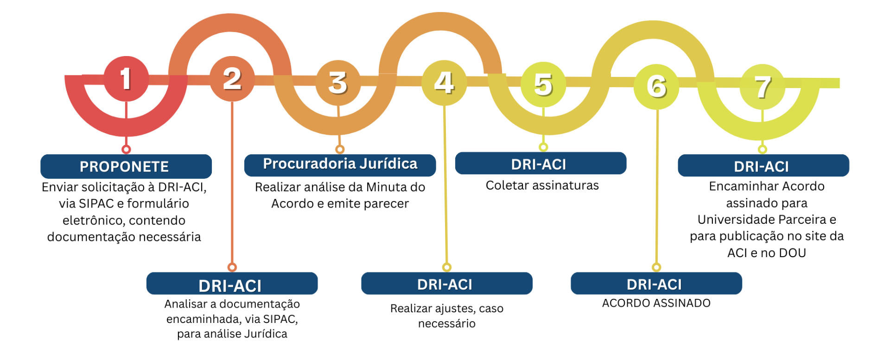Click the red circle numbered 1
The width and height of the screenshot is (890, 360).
coord(126,79)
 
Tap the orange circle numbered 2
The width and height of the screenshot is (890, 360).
coord(232,79)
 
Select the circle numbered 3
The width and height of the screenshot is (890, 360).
coord(338,83)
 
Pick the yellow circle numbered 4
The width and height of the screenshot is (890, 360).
coord(444,83)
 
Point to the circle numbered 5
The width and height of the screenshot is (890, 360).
coord(543,85)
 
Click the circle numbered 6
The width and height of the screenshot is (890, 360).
coord(656,87)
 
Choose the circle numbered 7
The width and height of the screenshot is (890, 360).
coord(763,87)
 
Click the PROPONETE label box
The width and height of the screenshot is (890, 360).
coord(126,166)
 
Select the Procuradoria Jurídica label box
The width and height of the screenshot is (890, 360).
coord(340,165)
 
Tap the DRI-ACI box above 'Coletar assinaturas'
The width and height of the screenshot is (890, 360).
coord(540,164)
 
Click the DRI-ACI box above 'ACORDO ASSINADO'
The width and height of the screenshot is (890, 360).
coord(656,284)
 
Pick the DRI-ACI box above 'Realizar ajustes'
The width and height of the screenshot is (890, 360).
coord(446,284)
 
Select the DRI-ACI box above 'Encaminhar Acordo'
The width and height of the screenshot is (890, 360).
coord(763,166)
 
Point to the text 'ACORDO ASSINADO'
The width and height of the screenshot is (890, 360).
coord(656,303)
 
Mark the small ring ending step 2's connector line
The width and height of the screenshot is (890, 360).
coord(232,267)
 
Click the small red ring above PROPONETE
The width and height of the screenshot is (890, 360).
coord(126,149)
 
